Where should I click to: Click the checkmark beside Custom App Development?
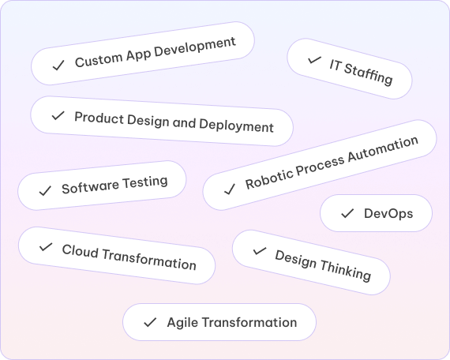58,66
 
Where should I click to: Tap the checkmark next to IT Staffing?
314,60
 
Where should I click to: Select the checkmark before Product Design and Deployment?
58,116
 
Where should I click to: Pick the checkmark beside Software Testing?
45,190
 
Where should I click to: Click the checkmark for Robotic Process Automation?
230,189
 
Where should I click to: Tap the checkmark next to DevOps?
347,213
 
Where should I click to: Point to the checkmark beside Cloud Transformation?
46,247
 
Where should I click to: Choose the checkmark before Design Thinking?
260,251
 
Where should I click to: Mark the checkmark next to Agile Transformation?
150,322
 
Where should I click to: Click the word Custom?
99,59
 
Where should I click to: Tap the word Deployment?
236,126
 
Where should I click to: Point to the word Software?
90,187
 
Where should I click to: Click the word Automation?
383,149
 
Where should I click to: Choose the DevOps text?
388,214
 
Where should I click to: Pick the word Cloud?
80,251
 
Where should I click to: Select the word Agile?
182,323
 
